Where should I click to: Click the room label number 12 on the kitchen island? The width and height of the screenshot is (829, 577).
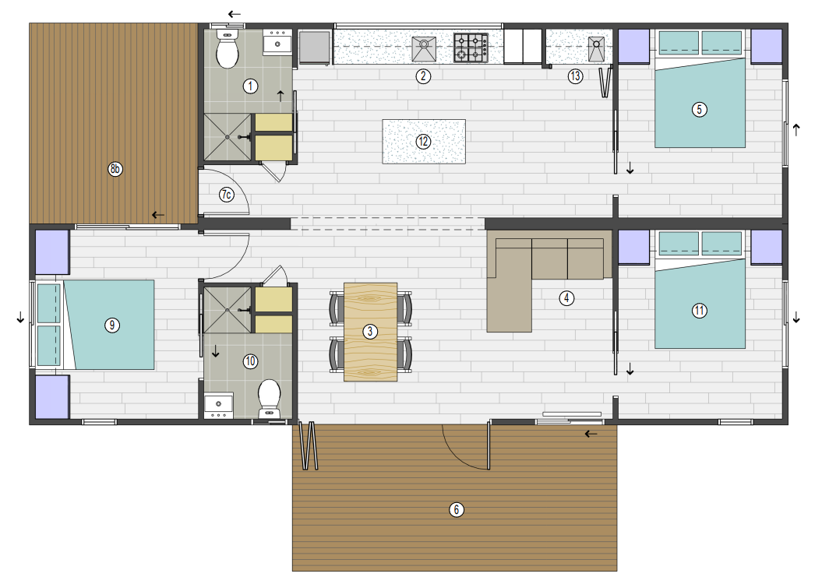(x=423, y=142)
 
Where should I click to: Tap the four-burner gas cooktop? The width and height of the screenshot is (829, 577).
(x=471, y=47)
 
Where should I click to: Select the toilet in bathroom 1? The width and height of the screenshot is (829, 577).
(x=228, y=49)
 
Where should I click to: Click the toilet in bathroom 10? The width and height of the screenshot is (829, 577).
(x=269, y=399)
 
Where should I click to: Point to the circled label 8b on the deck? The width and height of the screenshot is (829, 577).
(x=115, y=169)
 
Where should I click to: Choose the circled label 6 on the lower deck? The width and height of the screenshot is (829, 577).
(x=457, y=509)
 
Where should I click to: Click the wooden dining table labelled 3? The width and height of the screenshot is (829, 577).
(x=370, y=332)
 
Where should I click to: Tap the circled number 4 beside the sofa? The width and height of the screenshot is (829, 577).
(x=566, y=298)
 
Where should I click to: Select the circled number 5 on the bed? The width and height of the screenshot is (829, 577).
(x=699, y=109)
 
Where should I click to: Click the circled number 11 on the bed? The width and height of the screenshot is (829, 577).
(x=699, y=310)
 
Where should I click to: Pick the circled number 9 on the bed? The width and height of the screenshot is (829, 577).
(x=111, y=325)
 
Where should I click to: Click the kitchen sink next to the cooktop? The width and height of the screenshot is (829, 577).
(x=424, y=48)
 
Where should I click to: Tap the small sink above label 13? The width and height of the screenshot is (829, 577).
(x=596, y=48)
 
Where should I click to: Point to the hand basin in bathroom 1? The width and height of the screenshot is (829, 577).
(x=277, y=42)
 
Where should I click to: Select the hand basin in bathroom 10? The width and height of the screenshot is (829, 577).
(x=218, y=405)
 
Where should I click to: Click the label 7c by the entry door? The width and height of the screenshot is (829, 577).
(x=226, y=195)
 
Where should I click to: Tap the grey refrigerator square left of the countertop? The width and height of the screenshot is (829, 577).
(x=315, y=47)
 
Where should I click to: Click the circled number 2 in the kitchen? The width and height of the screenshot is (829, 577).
(x=423, y=76)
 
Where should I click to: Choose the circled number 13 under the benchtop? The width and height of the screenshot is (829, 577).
(x=575, y=76)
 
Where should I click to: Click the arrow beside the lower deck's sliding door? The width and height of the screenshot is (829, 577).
(x=591, y=434)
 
